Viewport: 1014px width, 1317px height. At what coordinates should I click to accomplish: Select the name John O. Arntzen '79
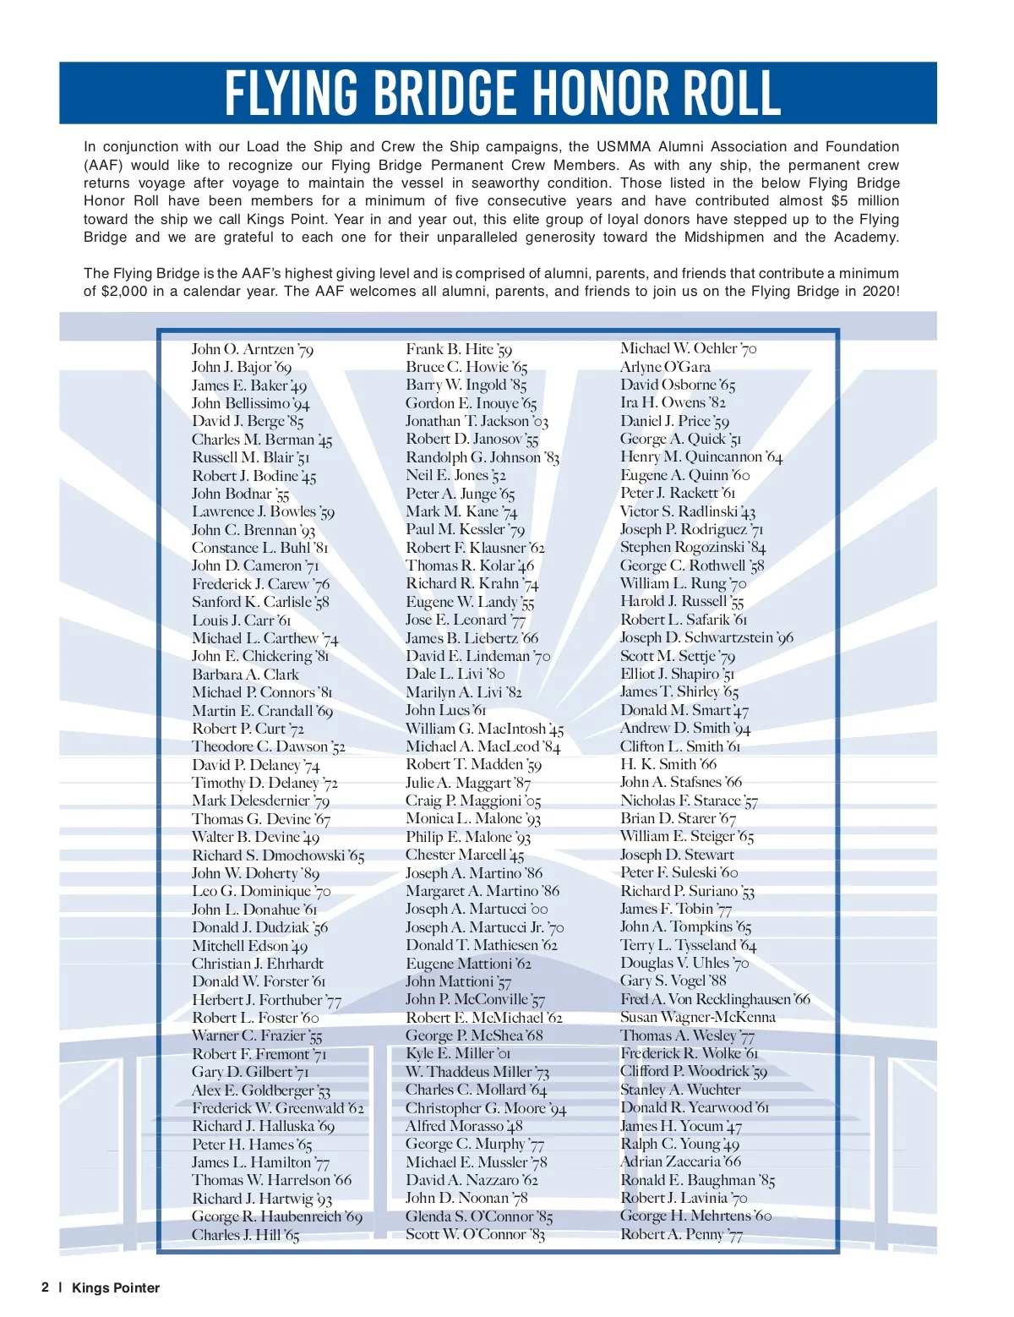[x=253, y=349]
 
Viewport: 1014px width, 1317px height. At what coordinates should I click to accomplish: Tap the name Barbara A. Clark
[x=245, y=675]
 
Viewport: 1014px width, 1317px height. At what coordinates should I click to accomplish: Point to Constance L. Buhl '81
[x=259, y=548]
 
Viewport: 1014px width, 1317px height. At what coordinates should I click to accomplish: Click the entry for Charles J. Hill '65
[x=245, y=1235]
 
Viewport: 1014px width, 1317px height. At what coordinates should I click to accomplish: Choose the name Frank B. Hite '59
[x=459, y=349]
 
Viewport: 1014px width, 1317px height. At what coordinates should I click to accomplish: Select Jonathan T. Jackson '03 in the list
[x=477, y=421]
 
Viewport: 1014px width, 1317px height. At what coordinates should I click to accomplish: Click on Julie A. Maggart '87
[x=468, y=783]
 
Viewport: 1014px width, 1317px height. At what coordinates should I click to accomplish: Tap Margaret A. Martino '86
[x=482, y=891]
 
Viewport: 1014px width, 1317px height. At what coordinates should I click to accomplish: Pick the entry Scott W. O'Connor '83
[x=475, y=1234]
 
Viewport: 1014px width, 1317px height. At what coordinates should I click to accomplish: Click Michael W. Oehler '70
[x=688, y=348]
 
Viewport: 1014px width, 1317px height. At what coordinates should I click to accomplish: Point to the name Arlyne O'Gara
[x=665, y=367]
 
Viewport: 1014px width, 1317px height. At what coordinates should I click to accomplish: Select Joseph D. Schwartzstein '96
[x=706, y=637]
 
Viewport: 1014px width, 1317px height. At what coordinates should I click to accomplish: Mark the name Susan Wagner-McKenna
[x=697, y=1017]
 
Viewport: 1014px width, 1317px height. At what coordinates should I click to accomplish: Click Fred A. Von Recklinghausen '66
[x=715, y=999]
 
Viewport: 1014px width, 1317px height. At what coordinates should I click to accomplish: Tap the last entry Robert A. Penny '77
[x=681, y=1234]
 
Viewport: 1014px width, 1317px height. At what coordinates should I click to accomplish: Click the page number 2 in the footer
[x=45, y=1287]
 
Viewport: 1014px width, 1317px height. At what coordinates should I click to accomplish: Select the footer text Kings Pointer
[x=116, y=1288]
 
